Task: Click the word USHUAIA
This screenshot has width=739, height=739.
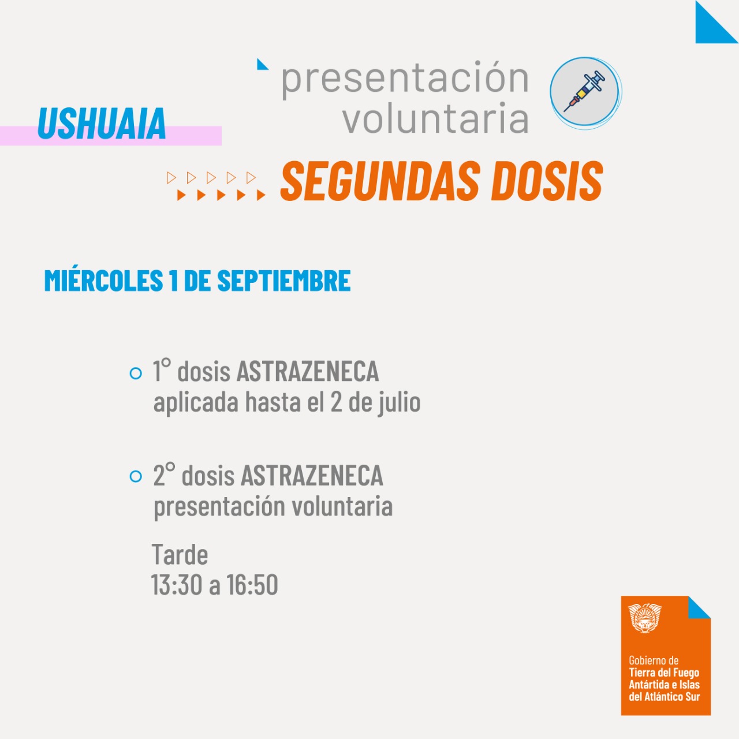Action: [102, 123]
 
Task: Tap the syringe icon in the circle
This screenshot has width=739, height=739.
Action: [584, 91]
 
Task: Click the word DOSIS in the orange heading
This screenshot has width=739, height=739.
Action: [547, 181]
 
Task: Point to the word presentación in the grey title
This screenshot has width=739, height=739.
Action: [405, 79]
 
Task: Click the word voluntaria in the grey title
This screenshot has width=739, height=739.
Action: [436, 118]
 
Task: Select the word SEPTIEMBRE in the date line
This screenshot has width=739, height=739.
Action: [284, 281]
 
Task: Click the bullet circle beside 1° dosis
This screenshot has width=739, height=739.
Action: [136, 373]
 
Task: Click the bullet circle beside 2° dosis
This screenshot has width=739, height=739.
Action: [136, 476]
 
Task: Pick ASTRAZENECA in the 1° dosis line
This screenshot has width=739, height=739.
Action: [308, 371]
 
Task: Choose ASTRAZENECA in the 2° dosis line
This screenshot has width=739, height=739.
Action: [312, 475]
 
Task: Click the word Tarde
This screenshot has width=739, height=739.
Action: [180, 554]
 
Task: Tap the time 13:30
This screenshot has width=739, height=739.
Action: [177, 585]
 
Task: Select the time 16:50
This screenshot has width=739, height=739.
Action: [252, 585]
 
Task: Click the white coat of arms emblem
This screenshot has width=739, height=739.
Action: [645, 618]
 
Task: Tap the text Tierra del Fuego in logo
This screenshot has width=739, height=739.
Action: [664, 672]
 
